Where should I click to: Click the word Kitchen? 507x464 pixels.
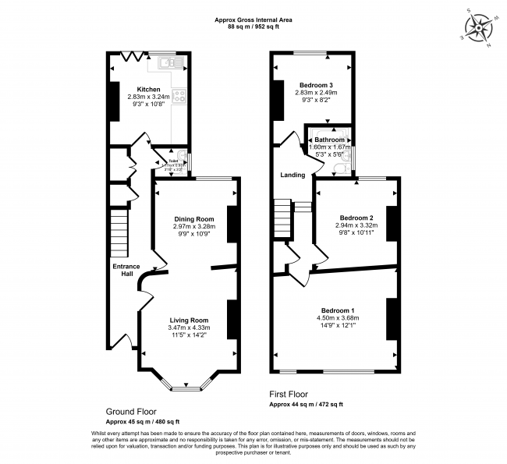pos(149,89)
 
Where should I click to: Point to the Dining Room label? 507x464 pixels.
pos(193,219)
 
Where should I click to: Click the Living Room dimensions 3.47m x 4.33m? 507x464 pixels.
pos(189,328)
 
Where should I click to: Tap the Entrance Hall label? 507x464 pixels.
pos(125,270)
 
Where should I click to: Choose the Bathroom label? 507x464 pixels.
pos(328,140)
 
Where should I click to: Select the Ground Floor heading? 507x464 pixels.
pos(131,411)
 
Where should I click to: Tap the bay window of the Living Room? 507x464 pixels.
pos(184,384)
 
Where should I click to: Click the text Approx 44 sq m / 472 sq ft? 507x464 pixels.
pos(306,404)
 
